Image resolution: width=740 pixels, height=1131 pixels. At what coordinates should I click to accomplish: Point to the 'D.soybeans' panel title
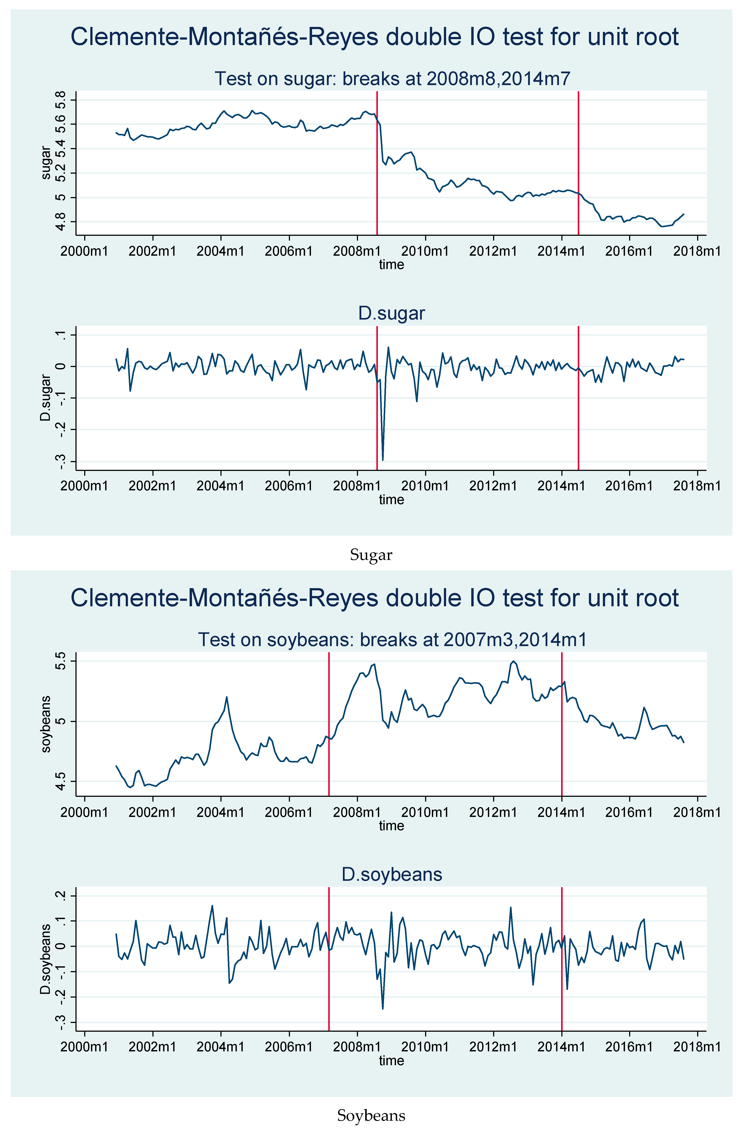tap(391, 874)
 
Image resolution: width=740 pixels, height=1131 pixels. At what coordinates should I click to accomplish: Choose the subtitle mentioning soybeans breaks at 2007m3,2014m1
tap(392, 640)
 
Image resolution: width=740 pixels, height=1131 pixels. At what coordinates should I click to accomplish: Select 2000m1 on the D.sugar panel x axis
tap(85, 486)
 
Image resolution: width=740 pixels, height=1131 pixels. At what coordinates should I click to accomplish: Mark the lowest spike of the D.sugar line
tap(383, 460)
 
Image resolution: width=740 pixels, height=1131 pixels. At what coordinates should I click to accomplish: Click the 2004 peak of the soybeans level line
tap(227, 697)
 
